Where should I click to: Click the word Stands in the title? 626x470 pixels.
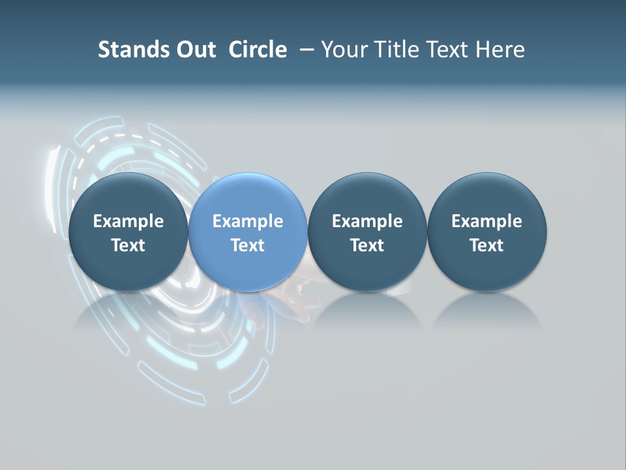point(130,50)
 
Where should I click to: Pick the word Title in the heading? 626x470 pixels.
point(395,50)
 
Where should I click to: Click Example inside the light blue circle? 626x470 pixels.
point(248,221)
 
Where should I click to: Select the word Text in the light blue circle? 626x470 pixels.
point(248,245)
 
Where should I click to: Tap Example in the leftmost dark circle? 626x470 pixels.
point(128,221)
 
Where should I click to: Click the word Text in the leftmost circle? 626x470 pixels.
point(128,245)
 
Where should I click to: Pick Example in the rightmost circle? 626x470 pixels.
point(486,221)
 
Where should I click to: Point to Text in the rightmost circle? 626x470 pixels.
point(486,245)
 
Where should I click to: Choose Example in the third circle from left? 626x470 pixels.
point(367,221)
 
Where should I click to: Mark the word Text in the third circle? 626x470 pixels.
point(367,245)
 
